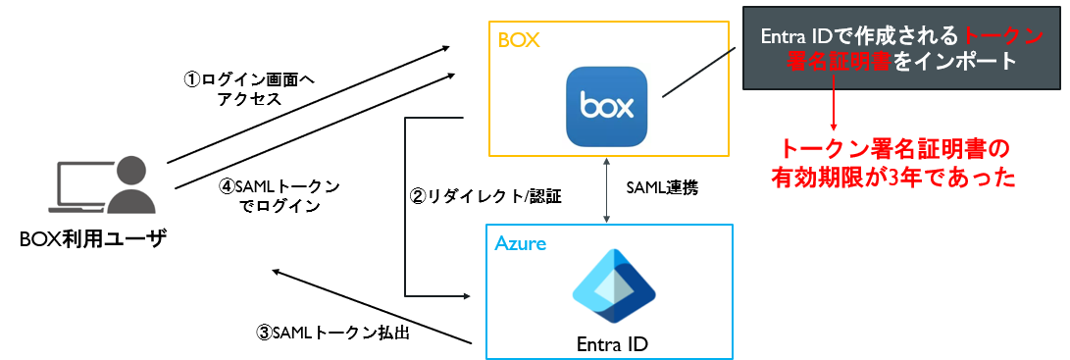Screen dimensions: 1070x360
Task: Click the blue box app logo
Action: pos(607,106)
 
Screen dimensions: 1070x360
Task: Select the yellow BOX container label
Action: pos(519,40)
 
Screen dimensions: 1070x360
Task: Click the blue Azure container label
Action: pos(520,244)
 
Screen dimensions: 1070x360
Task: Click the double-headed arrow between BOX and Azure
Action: pos(606,189)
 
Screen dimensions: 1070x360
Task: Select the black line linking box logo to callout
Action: pos(701,73)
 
